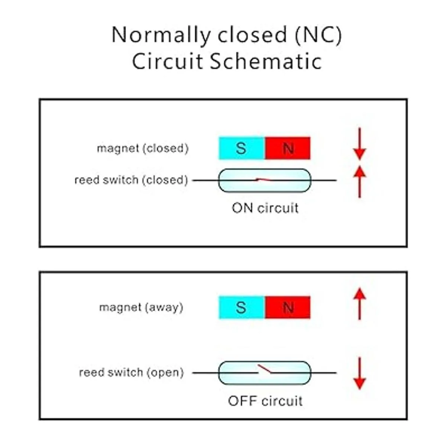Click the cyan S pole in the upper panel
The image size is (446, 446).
[x=242, y=148]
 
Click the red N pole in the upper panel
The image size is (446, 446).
[x=288, y=148]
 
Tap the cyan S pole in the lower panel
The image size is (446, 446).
[x=242, y=307]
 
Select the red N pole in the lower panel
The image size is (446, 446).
[x=288, y=307]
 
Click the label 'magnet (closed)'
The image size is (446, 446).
[x=143, y=148]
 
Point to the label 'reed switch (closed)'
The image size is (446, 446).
[x=131, y=180]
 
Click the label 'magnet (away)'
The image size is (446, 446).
[x=141, y=307]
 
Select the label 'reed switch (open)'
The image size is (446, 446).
[x=132, y=372]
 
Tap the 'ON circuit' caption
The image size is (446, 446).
[x=265, y=208]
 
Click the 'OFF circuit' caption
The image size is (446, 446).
[x=265, y=401]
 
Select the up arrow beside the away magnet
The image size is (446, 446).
[x=359, y=304]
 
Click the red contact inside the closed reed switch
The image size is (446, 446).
[x=262, y=180]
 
